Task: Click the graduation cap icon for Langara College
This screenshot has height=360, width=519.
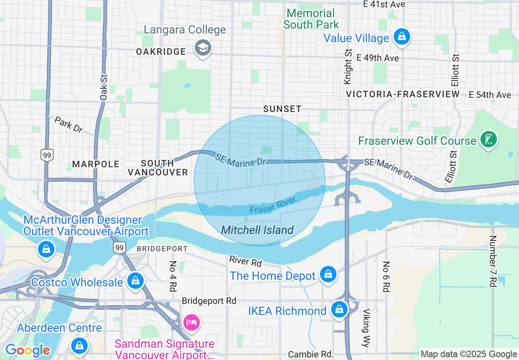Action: (202, 48)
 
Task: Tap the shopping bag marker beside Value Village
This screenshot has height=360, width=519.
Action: (402, 37)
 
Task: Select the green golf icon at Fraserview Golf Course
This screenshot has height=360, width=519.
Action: (488, 139)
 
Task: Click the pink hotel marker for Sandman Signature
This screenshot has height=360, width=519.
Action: (192, 322)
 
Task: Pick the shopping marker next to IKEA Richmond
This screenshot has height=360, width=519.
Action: (339, 310)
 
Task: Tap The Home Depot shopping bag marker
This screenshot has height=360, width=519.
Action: (328, 274)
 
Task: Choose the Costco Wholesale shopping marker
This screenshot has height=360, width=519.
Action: (135, 281)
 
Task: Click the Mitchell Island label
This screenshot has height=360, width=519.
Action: (257, 230)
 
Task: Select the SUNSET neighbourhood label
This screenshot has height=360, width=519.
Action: (282, 109)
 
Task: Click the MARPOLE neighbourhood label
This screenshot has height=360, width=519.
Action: (96, 164)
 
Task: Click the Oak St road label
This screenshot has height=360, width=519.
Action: (104, 87)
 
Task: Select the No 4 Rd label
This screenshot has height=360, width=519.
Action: (173, 277)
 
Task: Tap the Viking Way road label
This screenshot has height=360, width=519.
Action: (366, 327)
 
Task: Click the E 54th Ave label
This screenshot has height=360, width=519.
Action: (490, 95)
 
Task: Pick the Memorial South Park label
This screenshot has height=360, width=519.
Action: (311, 19)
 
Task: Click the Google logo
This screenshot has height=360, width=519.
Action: (27, 350)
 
